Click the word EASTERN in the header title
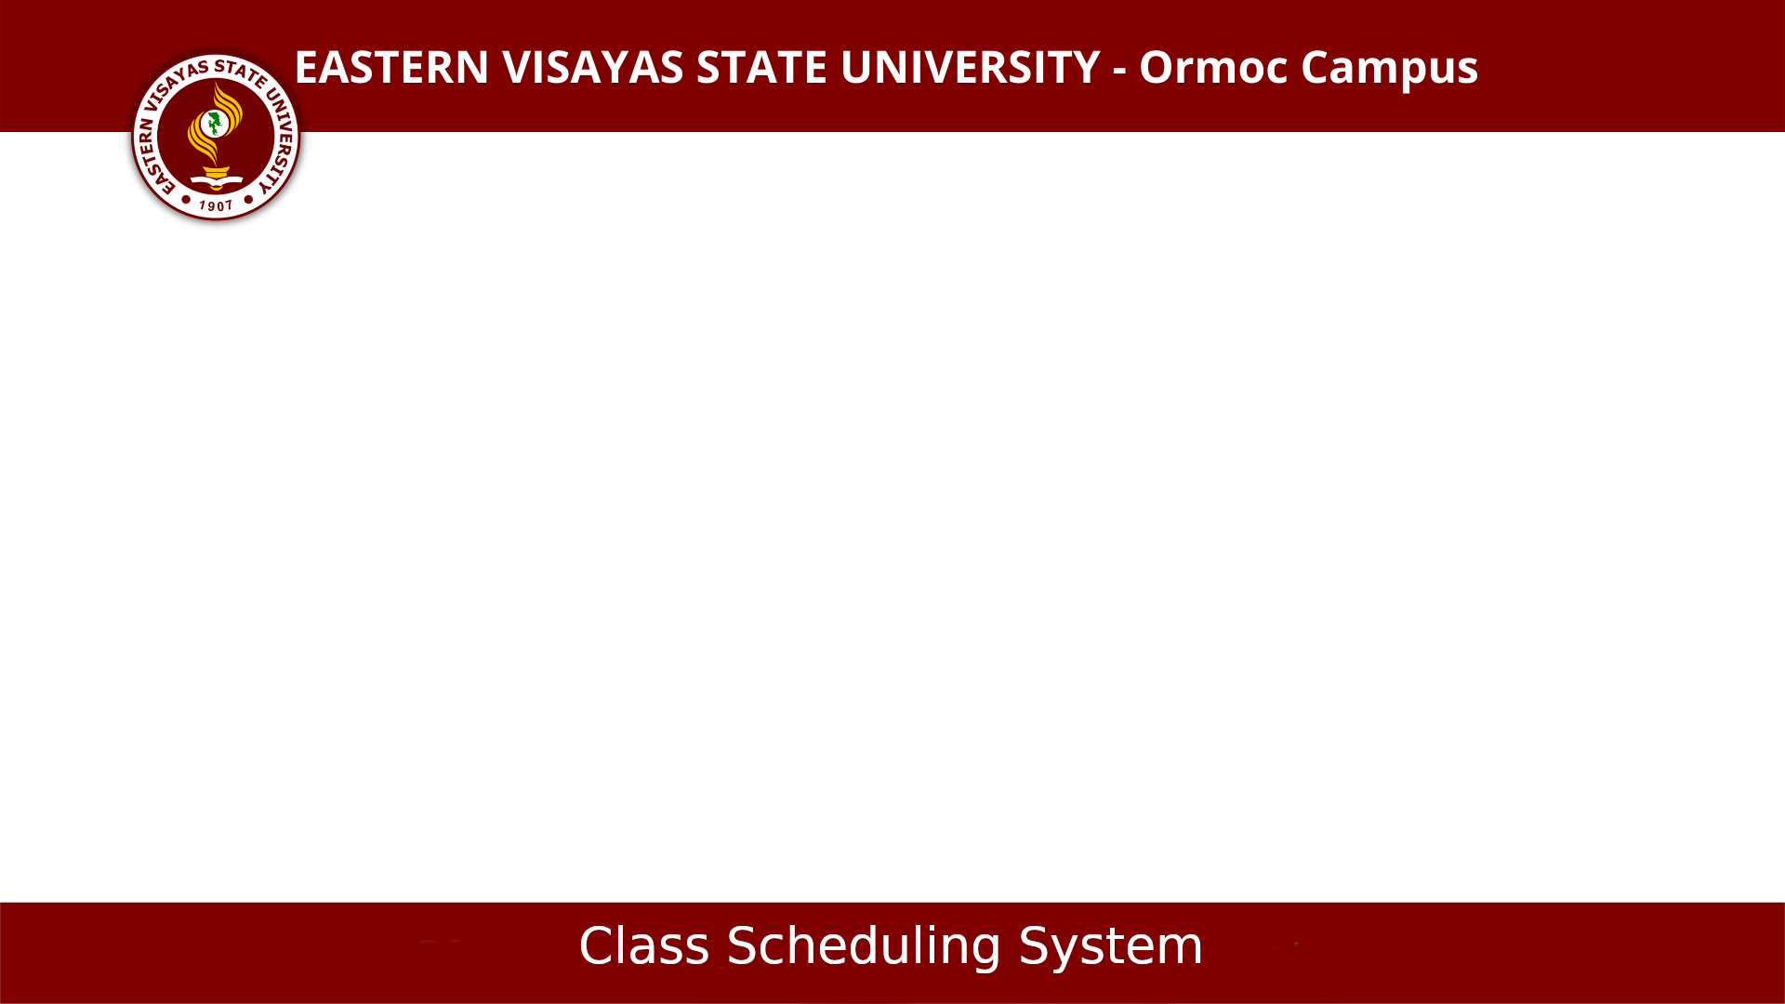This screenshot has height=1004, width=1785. [x=391, y=68]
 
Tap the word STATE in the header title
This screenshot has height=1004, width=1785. [x=761, y=68]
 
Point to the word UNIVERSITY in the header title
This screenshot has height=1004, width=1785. [x=971, y=68]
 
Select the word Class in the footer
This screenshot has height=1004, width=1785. [x=644, y=946]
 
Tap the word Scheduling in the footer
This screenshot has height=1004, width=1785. [x=864, y=948]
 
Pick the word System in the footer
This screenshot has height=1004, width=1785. [x=1111, y=948]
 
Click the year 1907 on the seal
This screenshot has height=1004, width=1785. [x=216, y=205]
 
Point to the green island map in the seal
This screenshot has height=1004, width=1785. [x=216, y=123]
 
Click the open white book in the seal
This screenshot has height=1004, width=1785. [x=217, y=180]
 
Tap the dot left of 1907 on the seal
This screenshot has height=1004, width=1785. [x=186, y=199]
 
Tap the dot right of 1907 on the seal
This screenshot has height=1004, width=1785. [x=248, y=199]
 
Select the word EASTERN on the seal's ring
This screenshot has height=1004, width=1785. [x=152, y=157]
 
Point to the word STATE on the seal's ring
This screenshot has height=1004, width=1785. [x=241, y=72]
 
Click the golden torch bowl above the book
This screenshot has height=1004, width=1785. [x=217, y=171]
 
